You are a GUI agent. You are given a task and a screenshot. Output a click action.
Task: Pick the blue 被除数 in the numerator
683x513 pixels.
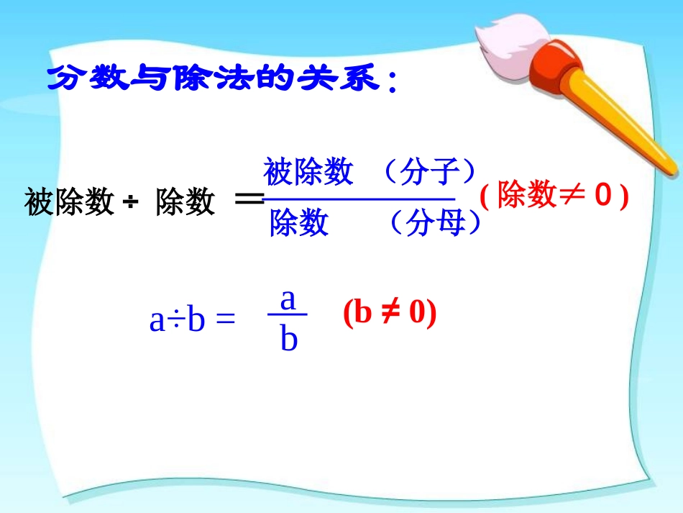tap(308, 173)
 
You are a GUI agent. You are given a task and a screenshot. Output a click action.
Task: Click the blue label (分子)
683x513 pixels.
tap(429, 173)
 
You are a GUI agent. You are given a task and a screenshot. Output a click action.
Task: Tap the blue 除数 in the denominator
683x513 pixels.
tap(298, 224)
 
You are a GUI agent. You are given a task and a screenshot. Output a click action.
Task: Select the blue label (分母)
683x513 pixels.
tap(435, 224)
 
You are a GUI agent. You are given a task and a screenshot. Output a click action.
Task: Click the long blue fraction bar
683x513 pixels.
tap(359, 199)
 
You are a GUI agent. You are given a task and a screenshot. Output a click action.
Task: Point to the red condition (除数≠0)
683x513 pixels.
tap(554, 196)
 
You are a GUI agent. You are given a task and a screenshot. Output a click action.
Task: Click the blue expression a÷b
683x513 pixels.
tap(178, 321)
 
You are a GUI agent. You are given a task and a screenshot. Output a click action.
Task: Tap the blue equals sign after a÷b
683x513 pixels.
tap(225, 322)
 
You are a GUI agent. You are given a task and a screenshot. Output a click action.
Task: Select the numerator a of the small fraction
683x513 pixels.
tap(288, 299)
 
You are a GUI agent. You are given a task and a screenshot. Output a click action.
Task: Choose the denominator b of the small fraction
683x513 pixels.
tap(288, 338)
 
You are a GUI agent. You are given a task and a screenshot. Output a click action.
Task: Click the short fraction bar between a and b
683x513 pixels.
tap(288, 314)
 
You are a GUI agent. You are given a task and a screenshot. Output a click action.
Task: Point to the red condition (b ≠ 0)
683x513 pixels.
tap(389, 314)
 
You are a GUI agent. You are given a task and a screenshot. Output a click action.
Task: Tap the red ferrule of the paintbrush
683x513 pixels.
tap(558, 64)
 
